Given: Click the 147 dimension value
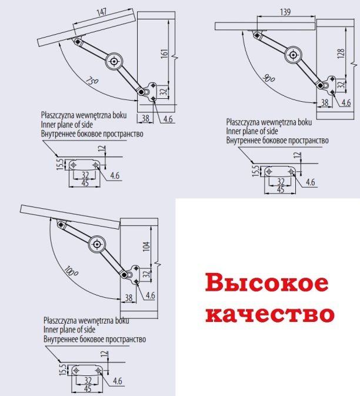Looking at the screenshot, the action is [102, 12].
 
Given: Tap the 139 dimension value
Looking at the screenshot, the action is [285, 12].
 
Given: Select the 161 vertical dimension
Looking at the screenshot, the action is [164, 54].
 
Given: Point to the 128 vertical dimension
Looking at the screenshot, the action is [341, 54].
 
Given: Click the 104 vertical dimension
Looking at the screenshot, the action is [146, 246].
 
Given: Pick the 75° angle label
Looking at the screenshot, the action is [92, 81].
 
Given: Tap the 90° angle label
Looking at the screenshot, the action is [269, 78].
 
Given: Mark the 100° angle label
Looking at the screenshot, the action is [71, 271].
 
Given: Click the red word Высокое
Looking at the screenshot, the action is [267, 283].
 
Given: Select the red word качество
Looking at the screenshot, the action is [270, 314].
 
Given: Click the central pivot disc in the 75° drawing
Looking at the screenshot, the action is [114, 61].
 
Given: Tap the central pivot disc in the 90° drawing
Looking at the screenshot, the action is [293, 55].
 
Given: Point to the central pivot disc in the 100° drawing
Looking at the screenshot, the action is [97, 244].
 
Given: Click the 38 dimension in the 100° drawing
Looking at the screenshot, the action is [128, 298].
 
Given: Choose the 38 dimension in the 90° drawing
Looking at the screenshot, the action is [325, 102].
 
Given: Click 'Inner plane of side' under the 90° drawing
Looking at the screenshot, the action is [252, 131].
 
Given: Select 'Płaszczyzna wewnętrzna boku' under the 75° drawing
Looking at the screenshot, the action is [84, 115].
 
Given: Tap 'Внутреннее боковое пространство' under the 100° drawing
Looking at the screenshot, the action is [95, 339].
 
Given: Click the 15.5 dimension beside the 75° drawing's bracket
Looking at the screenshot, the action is [60, 164].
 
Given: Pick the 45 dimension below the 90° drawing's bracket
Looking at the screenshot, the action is [281, 189].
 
